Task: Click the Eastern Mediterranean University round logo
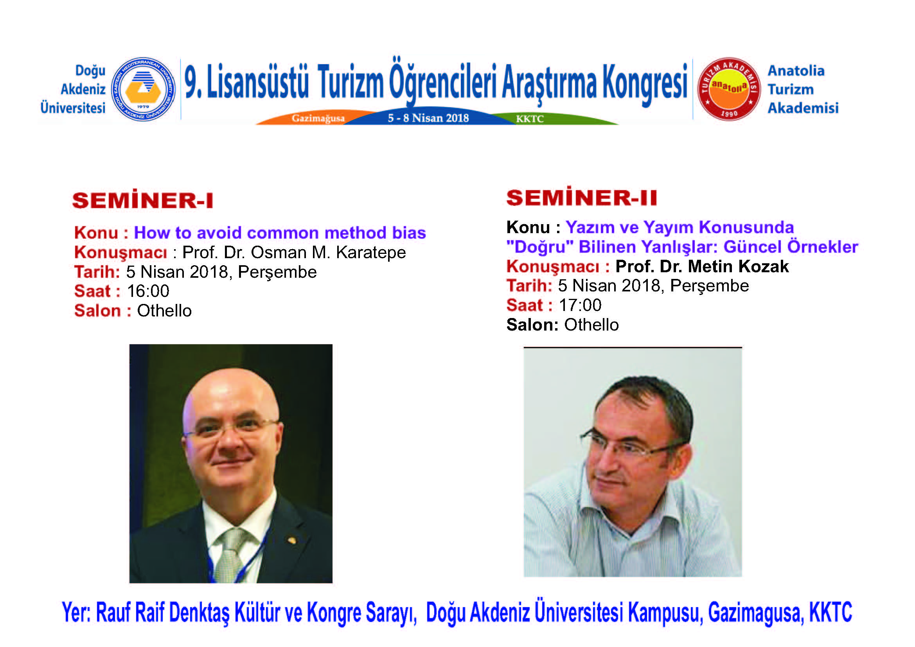tap(143, 89)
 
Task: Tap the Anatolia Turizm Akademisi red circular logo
tap(729, 89)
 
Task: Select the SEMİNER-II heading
tap(581, 197)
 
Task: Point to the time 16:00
tap(148, 291)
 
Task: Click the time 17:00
tap(580, 305)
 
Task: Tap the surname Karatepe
tap(370, 253)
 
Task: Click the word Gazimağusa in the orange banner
tap(318, 118)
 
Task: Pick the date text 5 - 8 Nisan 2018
tap(428, 118)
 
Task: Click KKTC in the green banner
tap(530, 119)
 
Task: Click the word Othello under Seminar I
tap(164, 311)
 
